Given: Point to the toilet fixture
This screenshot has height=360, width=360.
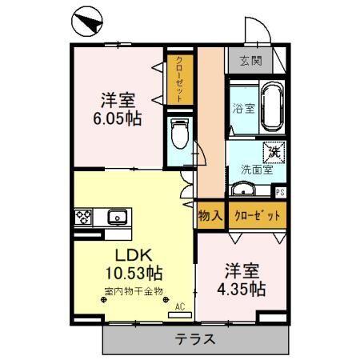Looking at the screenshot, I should [x=180, y=134].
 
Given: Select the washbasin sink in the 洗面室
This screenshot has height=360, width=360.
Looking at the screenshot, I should [x=242, y=190].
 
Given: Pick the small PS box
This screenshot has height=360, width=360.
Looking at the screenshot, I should [x=279, y=191].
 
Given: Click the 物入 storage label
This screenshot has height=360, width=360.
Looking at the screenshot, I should [x=210, y=214].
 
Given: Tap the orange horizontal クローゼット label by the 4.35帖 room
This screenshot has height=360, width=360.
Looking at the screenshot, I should [x=256, y=214].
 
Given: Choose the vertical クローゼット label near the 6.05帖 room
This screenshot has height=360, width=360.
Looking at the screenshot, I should [x=179, y=76].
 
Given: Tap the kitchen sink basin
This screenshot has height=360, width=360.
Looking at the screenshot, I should [x=116, y=216].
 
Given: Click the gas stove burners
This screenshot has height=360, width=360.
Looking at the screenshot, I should [x=84, y=216].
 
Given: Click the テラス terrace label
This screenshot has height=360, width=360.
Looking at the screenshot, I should [x=195, y=338].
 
